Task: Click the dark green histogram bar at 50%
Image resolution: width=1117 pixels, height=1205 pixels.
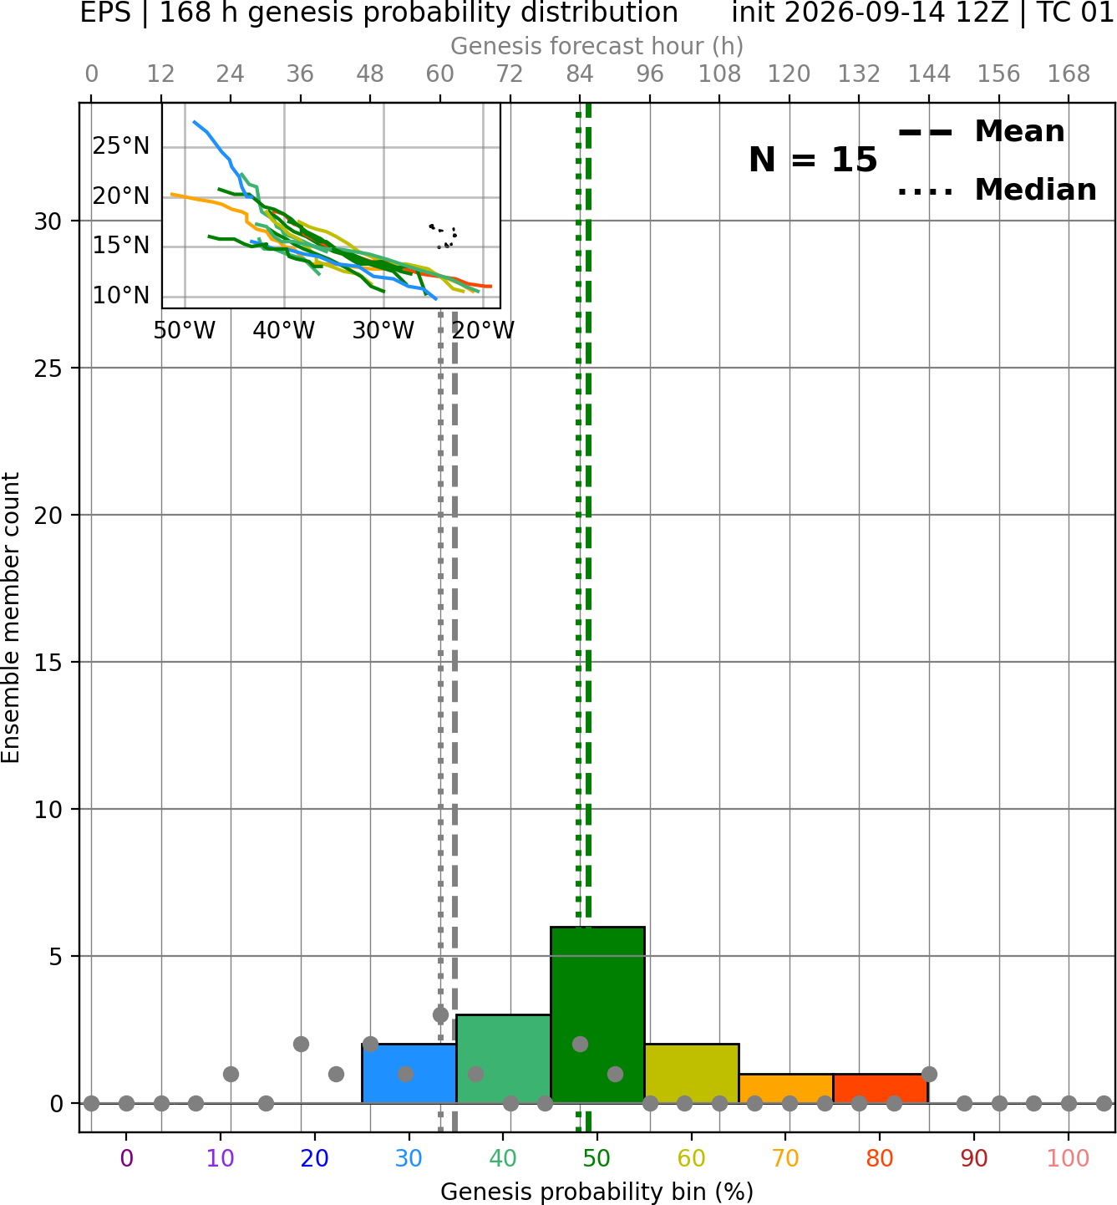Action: point(597,1014)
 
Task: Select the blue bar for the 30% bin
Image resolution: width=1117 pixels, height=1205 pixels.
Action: point(409,1073)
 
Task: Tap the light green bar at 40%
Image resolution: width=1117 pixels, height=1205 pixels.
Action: point(503,1059)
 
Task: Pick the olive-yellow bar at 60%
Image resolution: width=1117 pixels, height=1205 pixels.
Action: point(692,1073)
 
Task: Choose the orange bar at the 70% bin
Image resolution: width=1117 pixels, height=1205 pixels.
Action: point(785,1089)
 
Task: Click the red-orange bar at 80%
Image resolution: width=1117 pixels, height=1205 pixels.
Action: point(881,1089)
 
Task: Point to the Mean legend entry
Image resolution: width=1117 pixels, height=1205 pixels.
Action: point(981,132)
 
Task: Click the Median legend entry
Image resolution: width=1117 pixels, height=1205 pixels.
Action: point(998,190)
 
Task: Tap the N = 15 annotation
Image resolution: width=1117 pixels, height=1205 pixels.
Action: point(813,160)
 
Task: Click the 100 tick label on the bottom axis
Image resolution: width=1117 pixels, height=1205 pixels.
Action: point(1069,1158)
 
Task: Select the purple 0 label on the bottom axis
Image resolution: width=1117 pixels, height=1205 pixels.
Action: point(126,1158)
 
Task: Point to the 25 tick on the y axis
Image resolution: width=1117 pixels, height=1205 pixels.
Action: point(48,369)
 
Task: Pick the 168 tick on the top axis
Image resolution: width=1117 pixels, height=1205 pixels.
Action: point(1069,74)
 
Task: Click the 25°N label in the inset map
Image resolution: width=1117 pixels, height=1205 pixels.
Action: point(121,146)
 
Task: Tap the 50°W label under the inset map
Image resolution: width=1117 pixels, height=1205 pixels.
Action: point(185,331)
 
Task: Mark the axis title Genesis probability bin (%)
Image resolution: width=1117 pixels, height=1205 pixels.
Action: point(597,1191)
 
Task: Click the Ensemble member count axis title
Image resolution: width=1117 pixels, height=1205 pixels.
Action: point(11,618)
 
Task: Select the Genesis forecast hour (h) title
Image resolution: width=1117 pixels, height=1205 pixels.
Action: point(597,46)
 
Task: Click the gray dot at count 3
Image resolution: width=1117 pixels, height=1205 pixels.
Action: point(440,1014)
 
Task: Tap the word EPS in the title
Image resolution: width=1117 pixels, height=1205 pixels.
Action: point(105,13)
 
